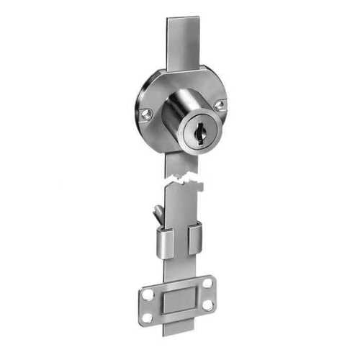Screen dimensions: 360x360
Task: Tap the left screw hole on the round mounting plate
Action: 147,114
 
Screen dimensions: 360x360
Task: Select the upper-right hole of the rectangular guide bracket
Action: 207,283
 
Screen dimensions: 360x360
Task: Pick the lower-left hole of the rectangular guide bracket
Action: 148,317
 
